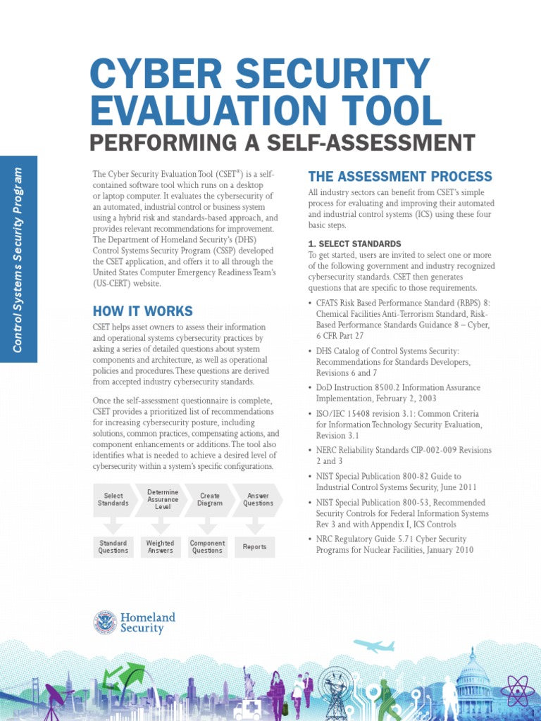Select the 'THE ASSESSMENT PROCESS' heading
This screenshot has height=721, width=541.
[400, 176]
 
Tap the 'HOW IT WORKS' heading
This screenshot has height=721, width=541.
[142, 311]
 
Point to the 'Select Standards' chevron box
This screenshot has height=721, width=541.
[113, 500]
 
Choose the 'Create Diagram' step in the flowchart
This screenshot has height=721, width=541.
[209, 500]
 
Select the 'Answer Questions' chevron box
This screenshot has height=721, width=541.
[257, 500]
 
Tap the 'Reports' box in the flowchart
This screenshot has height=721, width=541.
[255, 547]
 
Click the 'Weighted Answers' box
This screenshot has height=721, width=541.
[160, 547]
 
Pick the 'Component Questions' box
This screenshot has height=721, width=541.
[208, 547]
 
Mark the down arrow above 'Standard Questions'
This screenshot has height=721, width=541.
[113, 525]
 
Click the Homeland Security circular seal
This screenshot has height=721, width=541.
[105, 622]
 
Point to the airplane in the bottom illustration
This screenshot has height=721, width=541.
[373, 646]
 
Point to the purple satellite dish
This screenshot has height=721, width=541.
[56, 698]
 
